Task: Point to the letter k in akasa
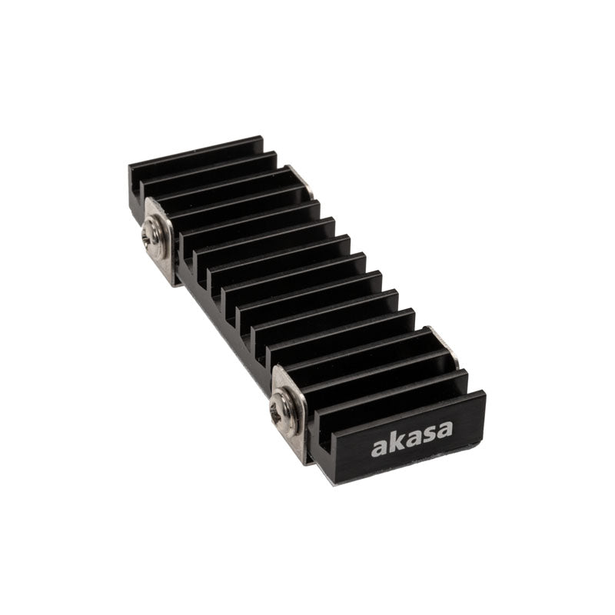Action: (394, 442)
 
